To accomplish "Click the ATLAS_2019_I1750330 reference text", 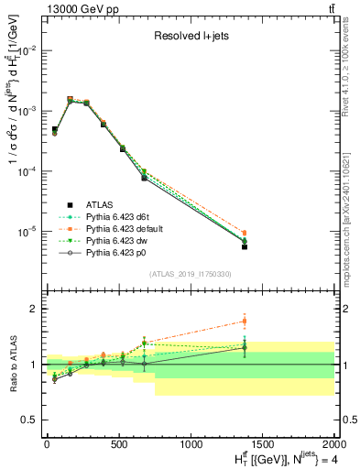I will click(x=191, y=274).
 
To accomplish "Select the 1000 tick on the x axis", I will click(x=191, y=443).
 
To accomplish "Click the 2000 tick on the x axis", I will click(x=334, y=443).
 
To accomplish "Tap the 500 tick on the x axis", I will click(x=118, y=443).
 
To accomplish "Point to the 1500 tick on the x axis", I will click(x=263, y=443).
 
